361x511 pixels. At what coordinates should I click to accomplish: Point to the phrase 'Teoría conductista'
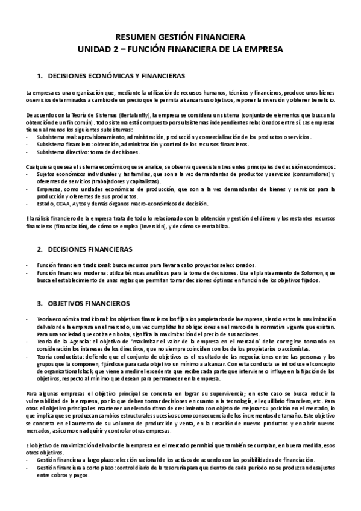[61, 357]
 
